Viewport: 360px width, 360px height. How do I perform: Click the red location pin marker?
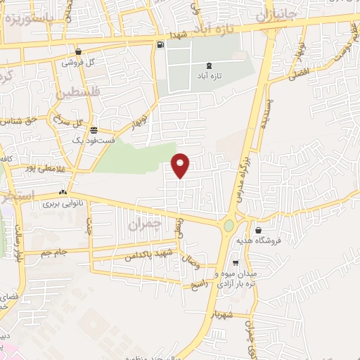[181, 164]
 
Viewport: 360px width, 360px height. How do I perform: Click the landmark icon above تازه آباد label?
[209, 65]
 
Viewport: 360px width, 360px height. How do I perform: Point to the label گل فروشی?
[78, 62]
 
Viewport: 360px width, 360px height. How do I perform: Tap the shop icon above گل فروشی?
[78, 51]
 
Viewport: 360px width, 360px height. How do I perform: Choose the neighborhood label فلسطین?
[81, 93]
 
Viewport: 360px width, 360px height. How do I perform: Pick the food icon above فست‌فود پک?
[93, 130]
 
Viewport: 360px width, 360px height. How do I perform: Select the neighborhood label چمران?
[146, 225]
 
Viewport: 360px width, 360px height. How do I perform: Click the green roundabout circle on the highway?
[229, 226]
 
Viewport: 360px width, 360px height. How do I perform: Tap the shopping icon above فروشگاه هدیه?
[259, 230]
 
